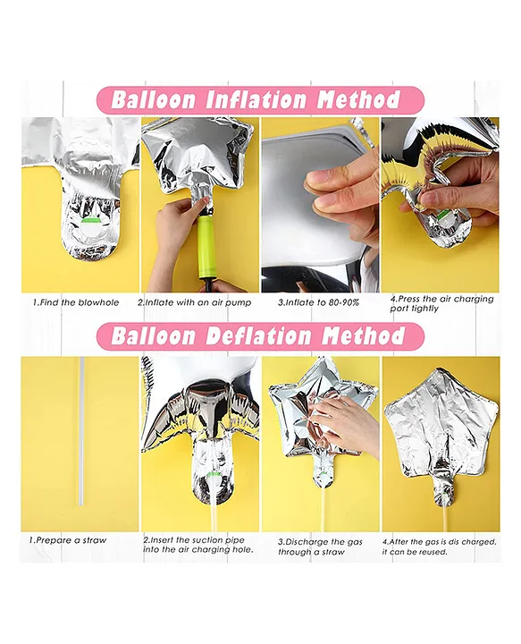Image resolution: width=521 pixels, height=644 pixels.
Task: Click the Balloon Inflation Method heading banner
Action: click(260, 100)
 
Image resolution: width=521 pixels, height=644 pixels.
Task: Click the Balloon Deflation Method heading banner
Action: click(260, 336)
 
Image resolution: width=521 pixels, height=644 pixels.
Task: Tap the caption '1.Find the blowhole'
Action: click(76, 302)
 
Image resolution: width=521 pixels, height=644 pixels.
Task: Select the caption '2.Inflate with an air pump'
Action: click(195, 302)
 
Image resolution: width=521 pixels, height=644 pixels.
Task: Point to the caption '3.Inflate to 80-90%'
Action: click(318, 302)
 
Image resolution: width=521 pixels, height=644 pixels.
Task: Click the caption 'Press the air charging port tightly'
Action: click(441, 303)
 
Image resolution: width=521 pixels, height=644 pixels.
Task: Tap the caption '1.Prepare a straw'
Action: click(67, 540)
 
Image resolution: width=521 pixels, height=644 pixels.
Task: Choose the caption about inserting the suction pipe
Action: click(198, 545)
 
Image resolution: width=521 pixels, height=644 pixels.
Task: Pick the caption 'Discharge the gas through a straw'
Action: click(321, 547)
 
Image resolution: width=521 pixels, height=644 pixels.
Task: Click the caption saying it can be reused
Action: click(440, 547)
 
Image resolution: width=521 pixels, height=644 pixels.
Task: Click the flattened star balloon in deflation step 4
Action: click(441, 436)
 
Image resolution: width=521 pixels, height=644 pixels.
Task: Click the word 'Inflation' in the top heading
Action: click(256, 100)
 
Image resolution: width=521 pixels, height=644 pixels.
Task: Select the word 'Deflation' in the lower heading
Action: click(257, 336)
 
